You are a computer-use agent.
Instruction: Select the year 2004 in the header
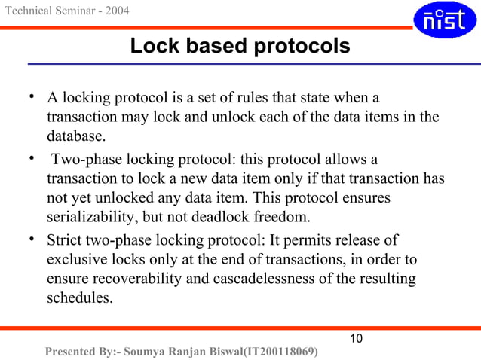115,11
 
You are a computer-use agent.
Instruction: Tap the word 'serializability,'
95,218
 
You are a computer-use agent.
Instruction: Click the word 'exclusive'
76,261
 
